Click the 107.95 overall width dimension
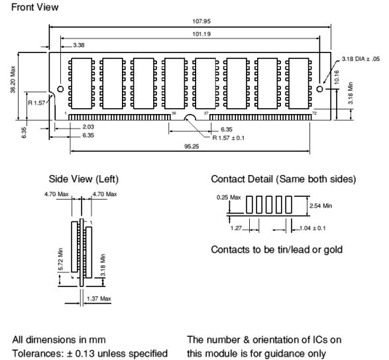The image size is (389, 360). (x=201, y=21)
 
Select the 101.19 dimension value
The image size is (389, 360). (x=201, y=34)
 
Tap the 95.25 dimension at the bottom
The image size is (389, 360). (x=192, y=147)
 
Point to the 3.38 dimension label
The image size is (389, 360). (x=79, y=45)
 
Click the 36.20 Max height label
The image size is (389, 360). (x=13, y=80)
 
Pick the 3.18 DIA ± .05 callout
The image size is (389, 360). (x=361, y=59)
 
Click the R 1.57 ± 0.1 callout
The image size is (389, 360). (x=228, y=138)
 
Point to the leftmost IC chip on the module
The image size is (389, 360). (x=82, y=84)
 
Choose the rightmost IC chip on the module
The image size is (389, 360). (x=299, y=84)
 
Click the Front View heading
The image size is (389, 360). (x=34, y=7)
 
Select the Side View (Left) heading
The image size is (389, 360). (x=83, y=179)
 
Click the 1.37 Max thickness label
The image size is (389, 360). (x=99, y=298)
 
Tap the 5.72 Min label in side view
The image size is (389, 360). (x=61, y=259)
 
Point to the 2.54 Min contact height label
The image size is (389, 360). (x=321, y=206)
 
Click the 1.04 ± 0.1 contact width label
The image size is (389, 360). (x=313, y=228)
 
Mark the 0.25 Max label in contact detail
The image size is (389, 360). (x=229, y=198)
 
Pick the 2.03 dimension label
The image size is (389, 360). (x=88, y=127)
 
